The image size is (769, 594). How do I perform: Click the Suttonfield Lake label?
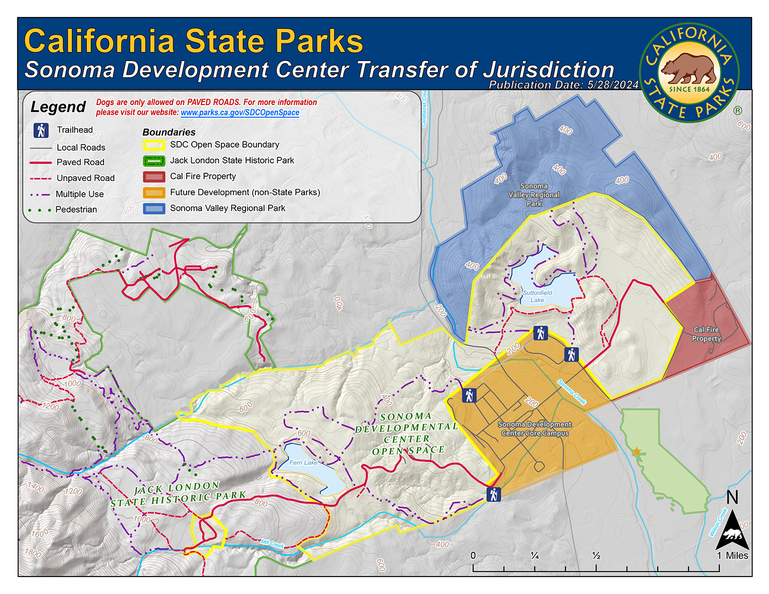[537, 296]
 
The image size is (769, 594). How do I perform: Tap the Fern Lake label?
[303, 462]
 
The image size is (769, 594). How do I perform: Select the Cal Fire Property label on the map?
[706, 334]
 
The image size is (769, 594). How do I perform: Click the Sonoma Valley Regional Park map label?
[534, 195]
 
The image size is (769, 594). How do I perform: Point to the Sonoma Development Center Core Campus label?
[535, 428]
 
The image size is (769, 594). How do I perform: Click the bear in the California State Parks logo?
[689, 68]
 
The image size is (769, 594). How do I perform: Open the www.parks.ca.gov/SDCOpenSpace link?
[240, 113]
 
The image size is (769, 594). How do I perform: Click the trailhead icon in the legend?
[41, 130]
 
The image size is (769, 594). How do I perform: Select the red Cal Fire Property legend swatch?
[154, 177]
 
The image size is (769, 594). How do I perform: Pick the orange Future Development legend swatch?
[154, 193]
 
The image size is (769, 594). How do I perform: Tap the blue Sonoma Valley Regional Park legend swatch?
[154, 209]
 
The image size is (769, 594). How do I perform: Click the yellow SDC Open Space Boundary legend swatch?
[154, 145]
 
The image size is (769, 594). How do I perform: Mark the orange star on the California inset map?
[636, 452]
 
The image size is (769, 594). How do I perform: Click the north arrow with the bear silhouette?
[732, 530]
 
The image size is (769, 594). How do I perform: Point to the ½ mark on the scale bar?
[596, 556]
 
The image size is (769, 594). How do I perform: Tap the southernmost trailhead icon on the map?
[493, 495]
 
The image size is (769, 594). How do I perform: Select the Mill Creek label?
[272, 544]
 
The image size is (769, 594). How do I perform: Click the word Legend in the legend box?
[58, 107]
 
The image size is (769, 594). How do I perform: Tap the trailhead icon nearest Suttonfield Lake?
[540, 333]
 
